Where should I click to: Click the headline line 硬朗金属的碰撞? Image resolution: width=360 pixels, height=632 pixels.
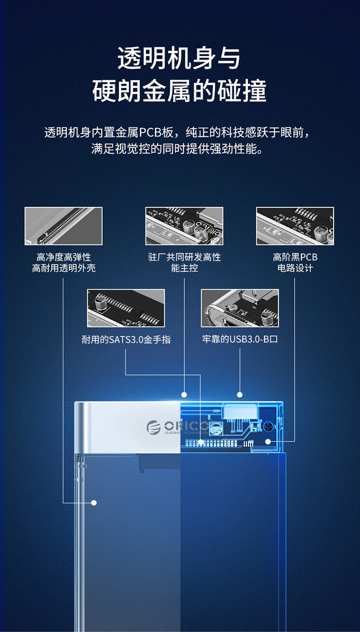tap(180, 91)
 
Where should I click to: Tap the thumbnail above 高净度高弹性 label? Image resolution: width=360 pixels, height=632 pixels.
tap(63, 226)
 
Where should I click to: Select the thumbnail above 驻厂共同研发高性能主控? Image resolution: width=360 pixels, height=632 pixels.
tap(184, 226)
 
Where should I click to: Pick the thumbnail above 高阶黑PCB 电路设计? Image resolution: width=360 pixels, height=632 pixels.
tap(295, 226)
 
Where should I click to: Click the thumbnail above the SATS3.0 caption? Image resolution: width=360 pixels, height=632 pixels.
tap(126, 308)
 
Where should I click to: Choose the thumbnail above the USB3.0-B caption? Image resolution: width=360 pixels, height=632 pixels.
tap(240, 308)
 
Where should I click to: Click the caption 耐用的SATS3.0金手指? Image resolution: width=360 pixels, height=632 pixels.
tap(126, 340)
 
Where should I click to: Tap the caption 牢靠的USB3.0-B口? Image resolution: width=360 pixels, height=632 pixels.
tap(240, 339)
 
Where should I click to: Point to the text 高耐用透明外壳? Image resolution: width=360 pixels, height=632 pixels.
tap(64, 268)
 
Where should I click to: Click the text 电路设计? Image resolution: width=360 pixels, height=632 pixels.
tap(295, 268)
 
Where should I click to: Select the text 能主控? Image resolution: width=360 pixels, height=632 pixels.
tap(184, 268)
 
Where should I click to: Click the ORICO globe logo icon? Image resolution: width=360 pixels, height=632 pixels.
tap(153, 427)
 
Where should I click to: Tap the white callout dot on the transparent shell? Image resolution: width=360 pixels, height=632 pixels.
tap(94, 502)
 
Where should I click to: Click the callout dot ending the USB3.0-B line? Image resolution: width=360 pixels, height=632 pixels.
tap(240, 395)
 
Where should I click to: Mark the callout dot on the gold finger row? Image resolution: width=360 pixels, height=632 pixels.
tap(201, 442)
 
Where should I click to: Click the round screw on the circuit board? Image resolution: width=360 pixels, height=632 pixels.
tap(268, 427)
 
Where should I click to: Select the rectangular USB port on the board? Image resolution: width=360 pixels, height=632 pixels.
tap(240, 412)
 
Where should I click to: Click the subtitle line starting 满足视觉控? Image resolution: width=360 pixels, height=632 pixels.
tap(177, 149)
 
